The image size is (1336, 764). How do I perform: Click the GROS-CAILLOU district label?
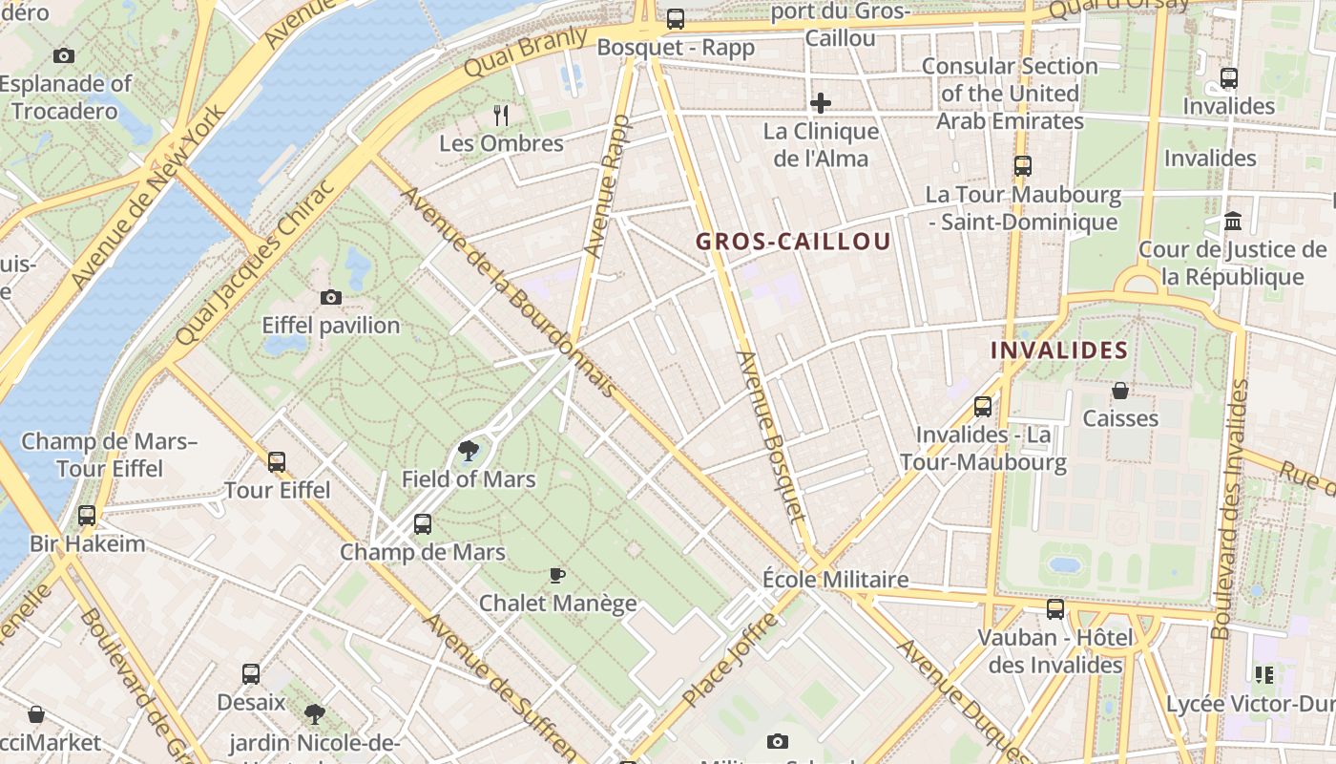(793, 242)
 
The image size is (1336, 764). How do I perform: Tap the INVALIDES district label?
(1059, 350)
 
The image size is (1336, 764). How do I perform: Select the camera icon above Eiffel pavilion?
(331, 297)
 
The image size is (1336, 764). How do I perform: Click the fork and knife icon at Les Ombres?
(501, 116)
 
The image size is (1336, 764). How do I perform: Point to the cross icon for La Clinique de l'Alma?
(820, 103)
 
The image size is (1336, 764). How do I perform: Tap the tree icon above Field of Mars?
(468, 451)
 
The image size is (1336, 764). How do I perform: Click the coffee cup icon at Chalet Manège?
(557, 575)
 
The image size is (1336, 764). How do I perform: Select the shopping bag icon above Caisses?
(1120, 391)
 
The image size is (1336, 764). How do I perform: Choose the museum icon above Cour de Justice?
(1233, 222)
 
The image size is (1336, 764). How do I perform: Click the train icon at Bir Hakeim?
(87, 516)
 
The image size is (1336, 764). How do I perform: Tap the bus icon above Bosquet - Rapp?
(676, 18)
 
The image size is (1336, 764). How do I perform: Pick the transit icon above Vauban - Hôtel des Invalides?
(1055, 609)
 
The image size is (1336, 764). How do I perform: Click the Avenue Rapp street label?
(607, 187)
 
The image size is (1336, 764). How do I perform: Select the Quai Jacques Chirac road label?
(256, 262)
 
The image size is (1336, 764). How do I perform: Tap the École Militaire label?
(835, 580)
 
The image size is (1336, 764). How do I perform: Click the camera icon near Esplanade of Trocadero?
(64, 55)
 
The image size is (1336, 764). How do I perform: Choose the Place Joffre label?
(731, 660)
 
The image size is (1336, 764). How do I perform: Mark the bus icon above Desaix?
(251, 674)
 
